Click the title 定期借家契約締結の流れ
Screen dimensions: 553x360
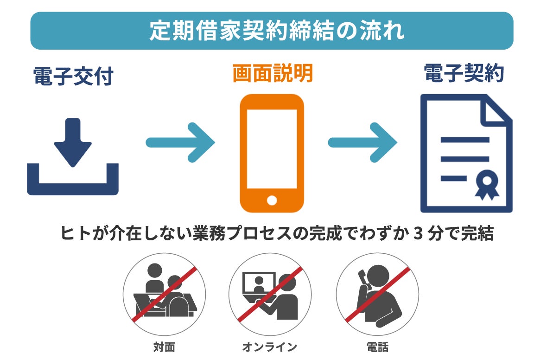(x=277, y=31)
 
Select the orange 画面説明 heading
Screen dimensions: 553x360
(x=273, y=73)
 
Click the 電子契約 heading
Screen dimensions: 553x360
(x=464, y=73)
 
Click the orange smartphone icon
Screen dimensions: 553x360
(x=272, y=153)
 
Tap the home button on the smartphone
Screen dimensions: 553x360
(x=272, y=200)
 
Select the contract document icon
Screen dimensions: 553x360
(x=465, y=153)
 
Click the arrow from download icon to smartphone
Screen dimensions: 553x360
(x=181, y=142)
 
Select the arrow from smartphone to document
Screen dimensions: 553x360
(x=363, y=142)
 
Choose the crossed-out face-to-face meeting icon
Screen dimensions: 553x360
(x=164, y=295)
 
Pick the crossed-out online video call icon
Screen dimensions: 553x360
(x=270, y=295)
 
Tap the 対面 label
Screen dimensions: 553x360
(x=164, y=347)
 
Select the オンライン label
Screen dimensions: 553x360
(x=269, y=347)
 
